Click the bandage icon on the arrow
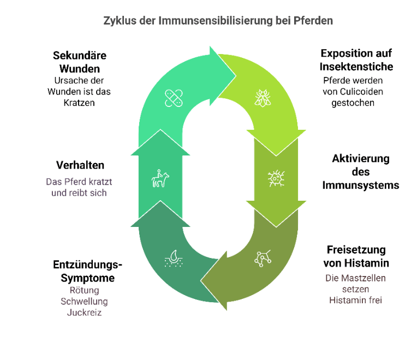coord(174,98)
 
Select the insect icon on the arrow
coord(263,98)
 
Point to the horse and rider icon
coord(160,178)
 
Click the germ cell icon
coord(276,178)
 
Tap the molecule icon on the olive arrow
coord(263,258)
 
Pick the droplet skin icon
coord(174,258)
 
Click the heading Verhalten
coord(80,165)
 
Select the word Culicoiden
coord(361,92)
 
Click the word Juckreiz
coord(84,313)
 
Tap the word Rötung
coord(84,290)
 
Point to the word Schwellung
coord(84,302)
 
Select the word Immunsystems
coord(361,185)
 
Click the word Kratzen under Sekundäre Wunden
coord(79,103)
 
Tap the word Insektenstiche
coord(356,67)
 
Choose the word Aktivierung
coord(361,159)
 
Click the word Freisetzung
coord(356,250)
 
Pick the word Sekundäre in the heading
coord(80,56)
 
